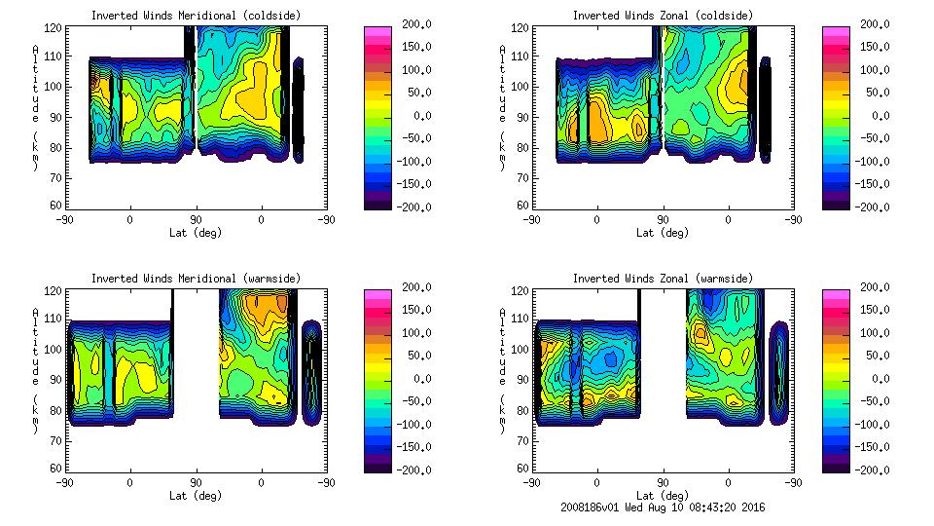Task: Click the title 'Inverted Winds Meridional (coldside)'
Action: coord(196,16)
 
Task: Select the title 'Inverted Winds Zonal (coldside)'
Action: coord(663,16)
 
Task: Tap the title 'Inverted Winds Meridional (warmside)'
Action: coord(196,279)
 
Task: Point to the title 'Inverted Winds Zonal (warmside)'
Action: coord(663,279)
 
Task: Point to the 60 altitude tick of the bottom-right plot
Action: coord(516,469)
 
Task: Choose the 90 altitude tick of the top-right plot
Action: coord(516,117)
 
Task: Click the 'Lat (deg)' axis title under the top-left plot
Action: coord(196,233)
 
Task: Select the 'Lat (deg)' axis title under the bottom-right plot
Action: coord(663,496)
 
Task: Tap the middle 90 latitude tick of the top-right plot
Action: coord(663,219)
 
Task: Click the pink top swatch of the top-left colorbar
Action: coord(377,31)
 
